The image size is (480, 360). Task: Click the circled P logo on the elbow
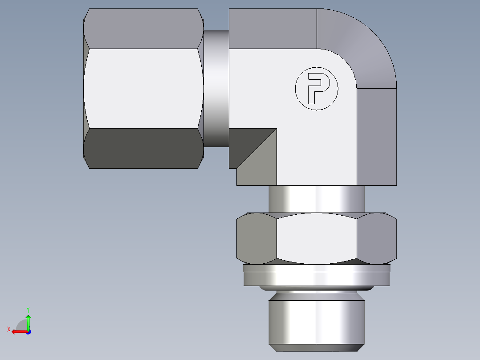pos(317,88)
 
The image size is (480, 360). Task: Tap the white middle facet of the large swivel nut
pos(142,89)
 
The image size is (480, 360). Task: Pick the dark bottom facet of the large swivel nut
pos(142,148)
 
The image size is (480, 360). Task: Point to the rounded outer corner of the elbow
pos(365,49)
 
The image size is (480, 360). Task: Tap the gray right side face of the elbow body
pos(377,136)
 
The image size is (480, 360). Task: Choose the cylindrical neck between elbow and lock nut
pos(317,199)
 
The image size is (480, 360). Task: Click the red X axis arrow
pos(18,331)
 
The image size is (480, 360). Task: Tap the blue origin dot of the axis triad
pos(28,332)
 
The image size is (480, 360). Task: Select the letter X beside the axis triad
pos(8,329)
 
